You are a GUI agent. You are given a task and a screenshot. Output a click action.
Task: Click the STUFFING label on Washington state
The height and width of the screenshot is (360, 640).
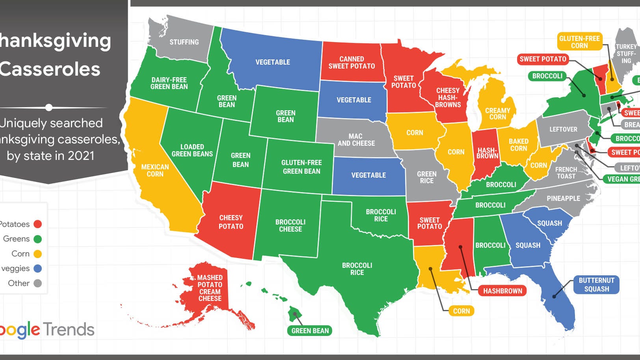[x=184, y=42]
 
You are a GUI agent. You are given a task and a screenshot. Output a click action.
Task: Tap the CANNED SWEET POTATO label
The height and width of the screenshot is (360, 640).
[x=352, y=63]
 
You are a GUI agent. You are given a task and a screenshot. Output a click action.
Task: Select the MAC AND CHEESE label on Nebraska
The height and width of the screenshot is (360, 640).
[x=356, y=140]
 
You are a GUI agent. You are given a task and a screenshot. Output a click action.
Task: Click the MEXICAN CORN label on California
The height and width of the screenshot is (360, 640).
[x=155, y=171]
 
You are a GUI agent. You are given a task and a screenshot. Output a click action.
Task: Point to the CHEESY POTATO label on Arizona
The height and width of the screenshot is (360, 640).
[x=231, y=222]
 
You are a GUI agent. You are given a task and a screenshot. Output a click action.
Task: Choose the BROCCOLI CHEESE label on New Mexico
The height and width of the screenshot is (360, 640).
[x=290, y=226]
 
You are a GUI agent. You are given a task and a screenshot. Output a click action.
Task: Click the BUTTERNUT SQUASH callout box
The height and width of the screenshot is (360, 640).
[x=596, y=284]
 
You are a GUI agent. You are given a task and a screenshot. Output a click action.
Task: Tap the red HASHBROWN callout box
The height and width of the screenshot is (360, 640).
[x=502, y=291]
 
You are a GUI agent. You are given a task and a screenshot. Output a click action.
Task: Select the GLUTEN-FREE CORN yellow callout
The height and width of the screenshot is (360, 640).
[x=579, y=42]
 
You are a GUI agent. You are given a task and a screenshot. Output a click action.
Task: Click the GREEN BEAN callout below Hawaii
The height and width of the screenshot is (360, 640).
[x=310, y=331]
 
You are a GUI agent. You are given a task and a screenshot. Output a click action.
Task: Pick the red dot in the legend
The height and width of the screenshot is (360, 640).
[x=38, y=224]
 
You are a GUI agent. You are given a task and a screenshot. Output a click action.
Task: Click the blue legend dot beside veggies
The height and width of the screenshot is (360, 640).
[x=38, y=269]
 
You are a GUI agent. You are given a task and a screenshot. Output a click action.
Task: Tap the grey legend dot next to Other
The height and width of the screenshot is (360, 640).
[x=38, y=283]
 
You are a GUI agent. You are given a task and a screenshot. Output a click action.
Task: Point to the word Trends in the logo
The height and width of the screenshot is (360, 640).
[x=69, y=329]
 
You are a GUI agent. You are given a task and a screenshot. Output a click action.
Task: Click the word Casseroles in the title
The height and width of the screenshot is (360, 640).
[x=50, y=69]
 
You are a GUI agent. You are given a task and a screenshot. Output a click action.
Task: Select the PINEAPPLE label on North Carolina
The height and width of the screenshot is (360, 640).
[x=563, y=199]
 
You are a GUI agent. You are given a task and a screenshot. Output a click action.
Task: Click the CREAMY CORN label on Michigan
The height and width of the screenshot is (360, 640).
[x=497, y=114]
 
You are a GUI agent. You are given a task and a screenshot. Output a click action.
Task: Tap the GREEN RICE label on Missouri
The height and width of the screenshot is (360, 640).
[x=426, y=177]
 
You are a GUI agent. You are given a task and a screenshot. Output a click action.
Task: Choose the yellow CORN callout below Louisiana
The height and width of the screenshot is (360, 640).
[x=461, y=311]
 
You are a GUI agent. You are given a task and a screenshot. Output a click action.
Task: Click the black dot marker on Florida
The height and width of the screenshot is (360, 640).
[x=554, y=296]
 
